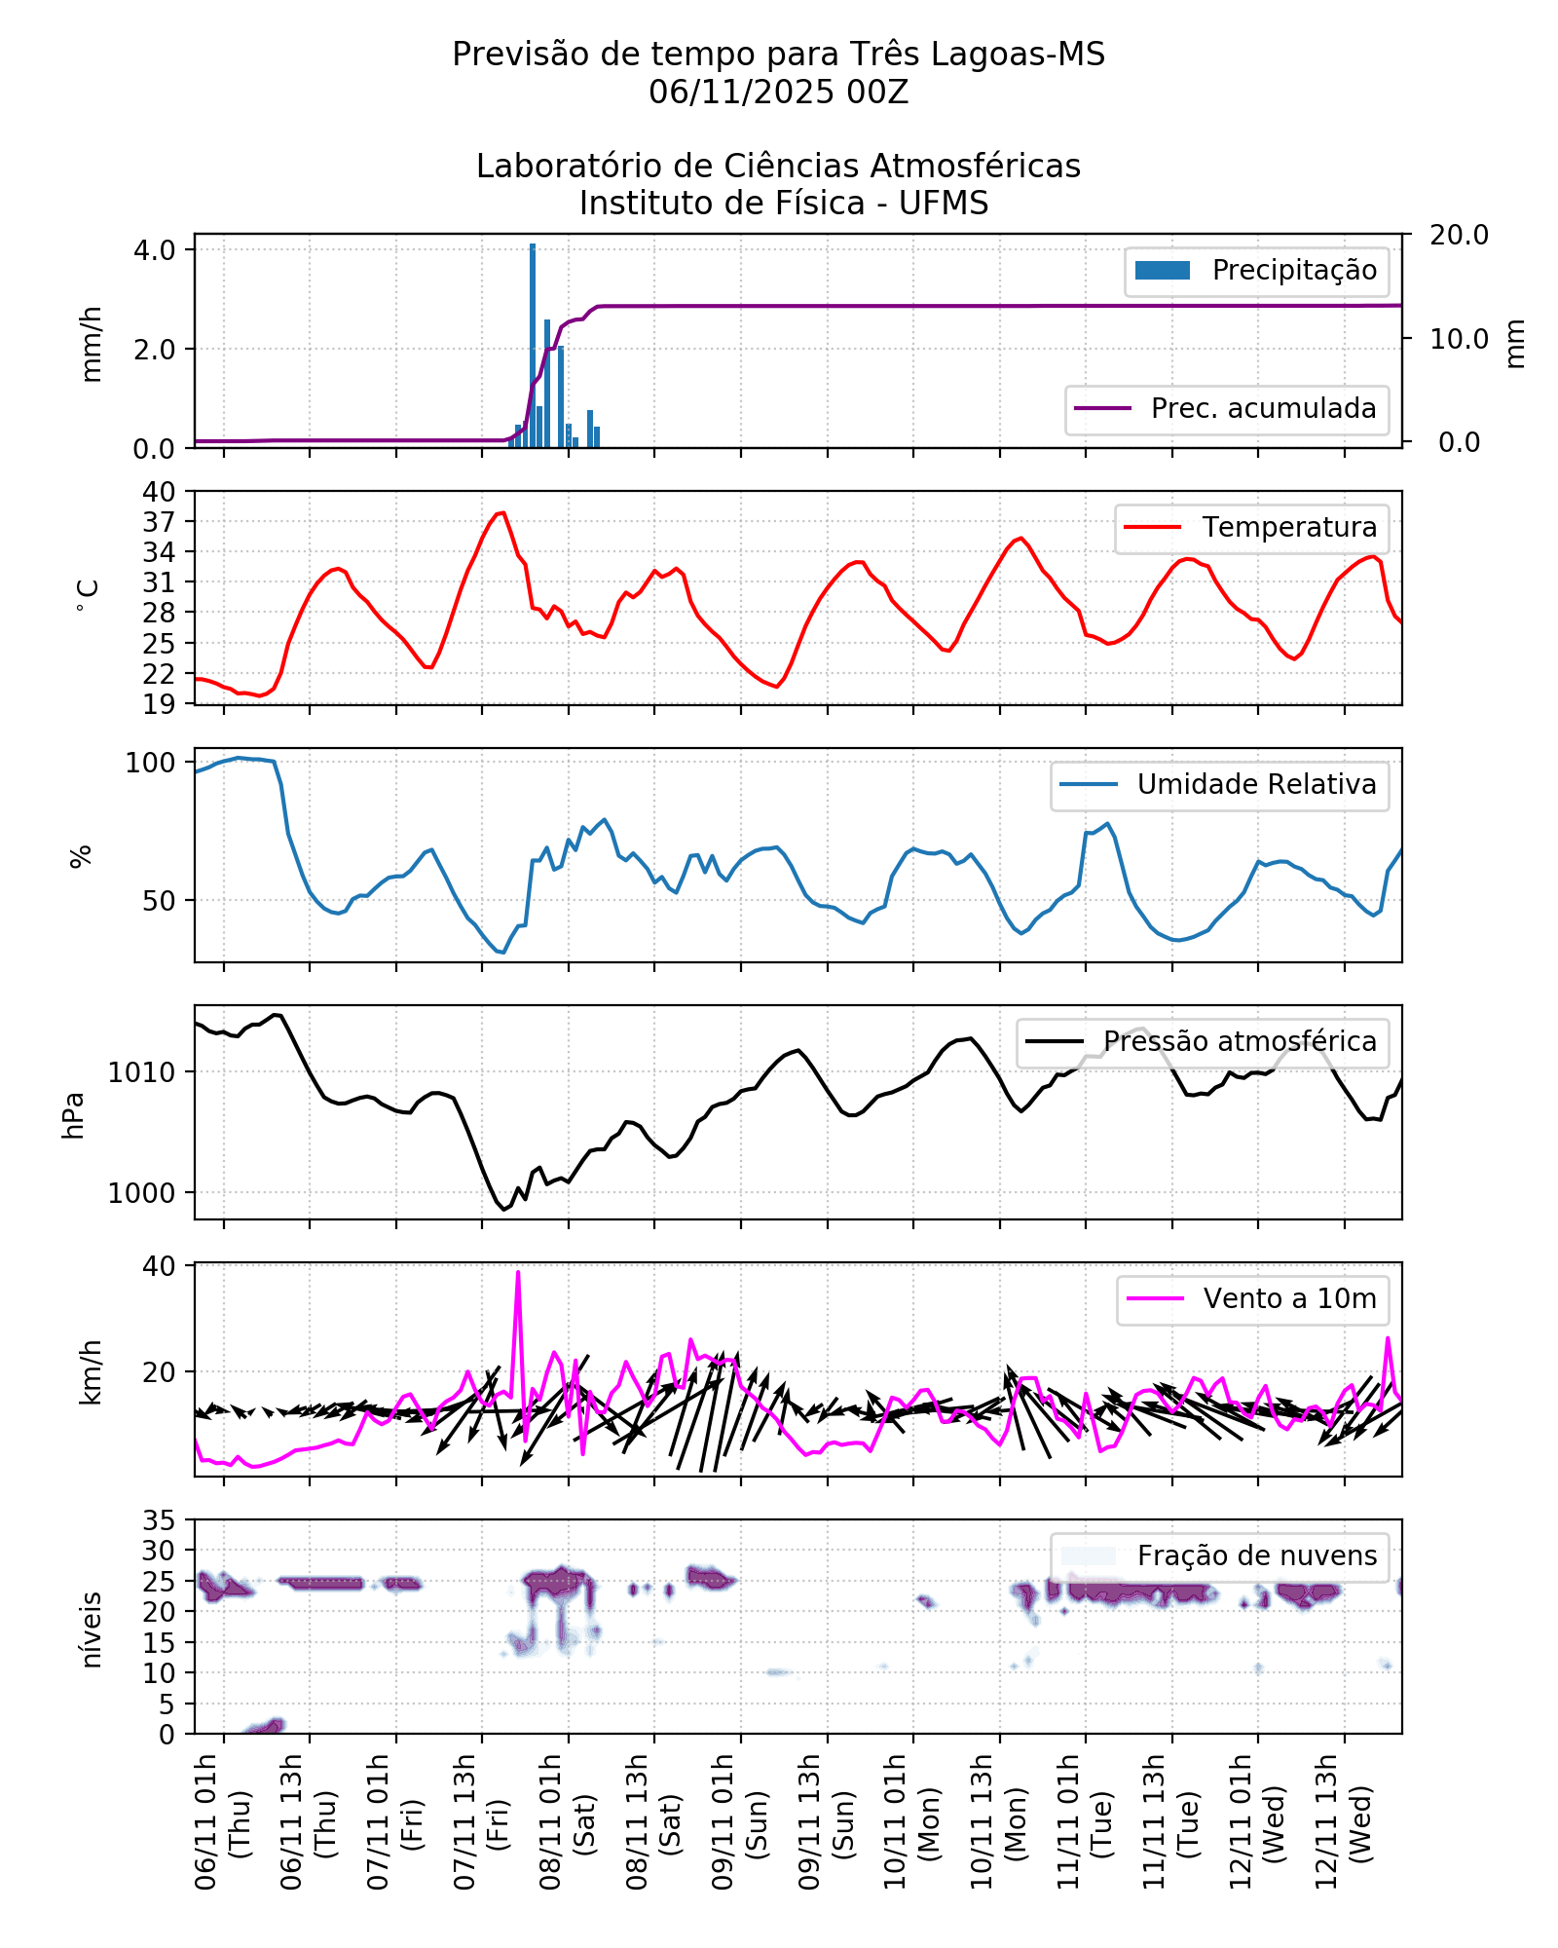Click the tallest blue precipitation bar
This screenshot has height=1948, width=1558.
533,346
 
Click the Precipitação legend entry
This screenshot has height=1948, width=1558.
1256,271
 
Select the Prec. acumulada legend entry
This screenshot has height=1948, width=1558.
1226,409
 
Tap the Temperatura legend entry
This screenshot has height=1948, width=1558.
1251,528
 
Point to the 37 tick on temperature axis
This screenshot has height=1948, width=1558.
159,522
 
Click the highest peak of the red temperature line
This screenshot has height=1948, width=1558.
502,512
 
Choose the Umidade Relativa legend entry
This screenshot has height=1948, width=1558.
1219,785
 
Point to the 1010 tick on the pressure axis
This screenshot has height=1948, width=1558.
141,1072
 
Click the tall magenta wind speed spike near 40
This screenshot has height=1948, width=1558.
518,1273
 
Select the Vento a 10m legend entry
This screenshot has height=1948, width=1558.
1252,1299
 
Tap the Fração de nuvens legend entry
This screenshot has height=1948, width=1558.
1219,1556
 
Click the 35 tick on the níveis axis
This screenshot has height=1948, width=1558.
159,1520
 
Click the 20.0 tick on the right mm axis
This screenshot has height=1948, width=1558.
1459,235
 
